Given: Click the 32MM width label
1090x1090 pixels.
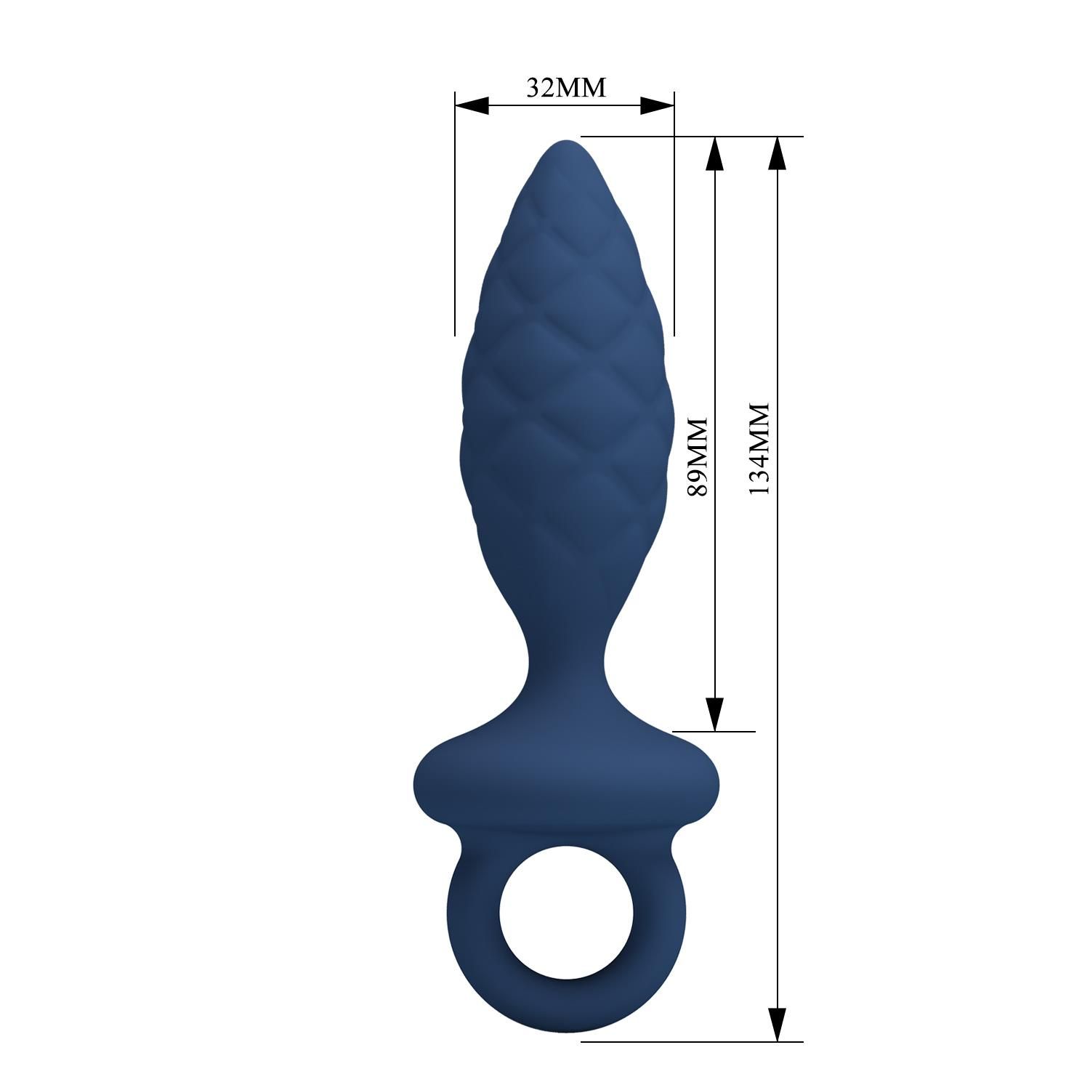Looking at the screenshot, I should coord(565,87).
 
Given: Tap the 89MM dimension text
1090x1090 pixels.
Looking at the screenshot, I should coord(697,456).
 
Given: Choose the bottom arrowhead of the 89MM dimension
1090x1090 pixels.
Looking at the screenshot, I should coord(715,714).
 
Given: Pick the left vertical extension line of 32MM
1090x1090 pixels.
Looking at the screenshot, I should coord(455,218).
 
